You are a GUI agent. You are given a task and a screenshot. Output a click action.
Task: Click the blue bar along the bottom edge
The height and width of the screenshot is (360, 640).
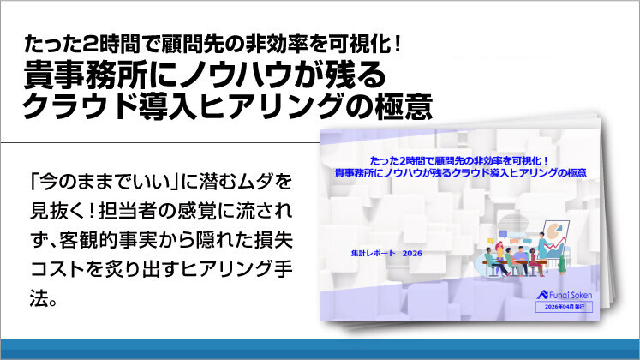point(320,349)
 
